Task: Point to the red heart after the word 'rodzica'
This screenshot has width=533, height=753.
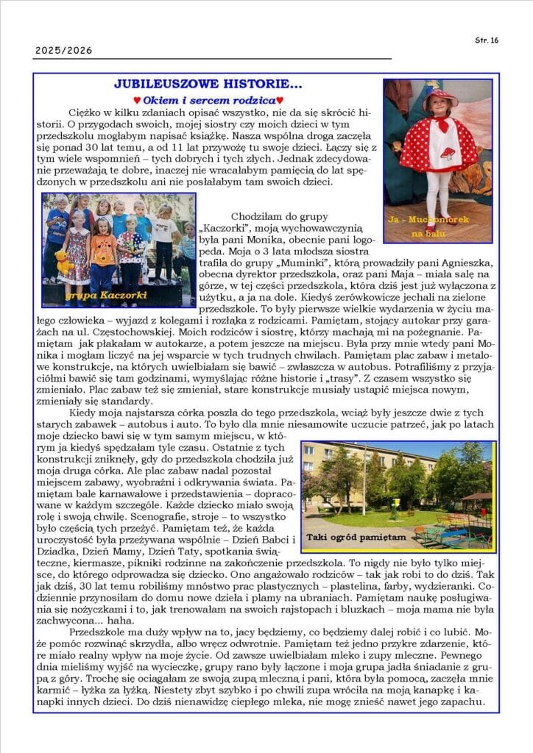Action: coord(280,100)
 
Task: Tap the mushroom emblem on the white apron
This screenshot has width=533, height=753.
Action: coord(446,154)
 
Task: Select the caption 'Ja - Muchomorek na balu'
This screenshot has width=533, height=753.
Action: coord(437,226)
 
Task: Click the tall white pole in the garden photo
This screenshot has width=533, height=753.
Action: coord(364,478)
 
